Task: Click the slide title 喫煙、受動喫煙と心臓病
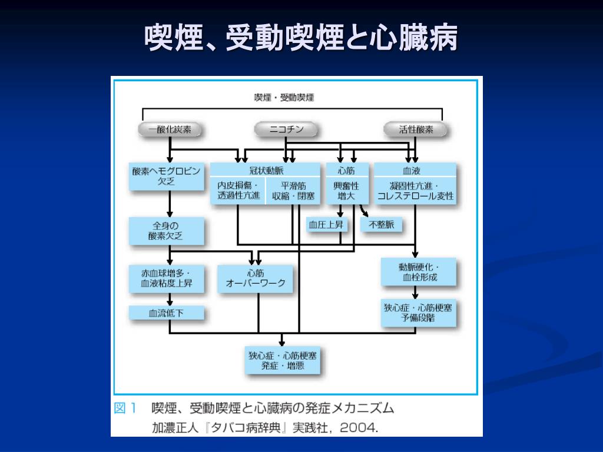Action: tap(301, 38)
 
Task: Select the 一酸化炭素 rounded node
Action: tap(170, 129)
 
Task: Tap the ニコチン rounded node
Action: tap(286, 129)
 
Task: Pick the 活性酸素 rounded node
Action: tap(416, 129)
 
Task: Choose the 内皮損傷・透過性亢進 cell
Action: tap(238, 191)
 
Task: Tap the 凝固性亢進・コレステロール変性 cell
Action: tap(415, 191)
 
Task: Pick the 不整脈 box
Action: tap(381, 225)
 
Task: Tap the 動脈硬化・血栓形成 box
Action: tap(419, 272)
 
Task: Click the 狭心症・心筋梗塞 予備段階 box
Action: tap(419, 313)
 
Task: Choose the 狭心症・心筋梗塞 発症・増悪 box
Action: tap(283, 361)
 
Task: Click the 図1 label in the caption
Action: tap(125, 408)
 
